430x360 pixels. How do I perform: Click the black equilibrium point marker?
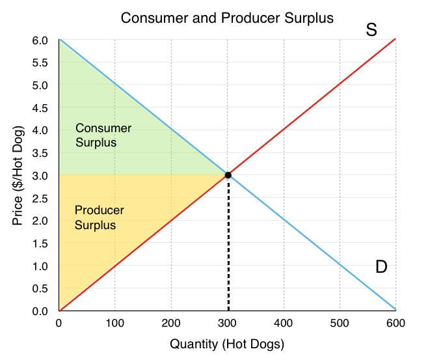pos(228,175)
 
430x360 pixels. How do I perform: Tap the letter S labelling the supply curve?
pos(371,30)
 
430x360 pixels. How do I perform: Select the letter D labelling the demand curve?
pos(381,267)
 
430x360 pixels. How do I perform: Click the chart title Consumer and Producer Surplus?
pos(227,18)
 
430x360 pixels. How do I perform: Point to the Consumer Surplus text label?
pos(103,135)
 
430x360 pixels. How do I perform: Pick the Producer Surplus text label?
pos(100,217)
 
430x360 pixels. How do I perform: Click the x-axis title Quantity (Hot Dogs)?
pos(227,344)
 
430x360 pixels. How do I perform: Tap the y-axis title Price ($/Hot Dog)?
pos(18,176)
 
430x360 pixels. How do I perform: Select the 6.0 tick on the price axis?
pos(40,40)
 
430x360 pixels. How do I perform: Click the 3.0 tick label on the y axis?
pos(40,176)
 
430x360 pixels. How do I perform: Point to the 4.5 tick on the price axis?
pos(40,108)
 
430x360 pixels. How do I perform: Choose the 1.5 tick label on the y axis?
pos(40,243)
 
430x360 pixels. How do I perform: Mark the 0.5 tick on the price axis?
pos(40,288)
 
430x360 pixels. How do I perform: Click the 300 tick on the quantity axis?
pos(227,324)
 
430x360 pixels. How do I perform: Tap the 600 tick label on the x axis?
pos(396,324)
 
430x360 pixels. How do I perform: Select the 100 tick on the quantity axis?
pos(115,324)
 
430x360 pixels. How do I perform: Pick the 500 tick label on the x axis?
pos(340,324)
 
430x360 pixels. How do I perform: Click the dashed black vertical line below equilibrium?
pos(228,245)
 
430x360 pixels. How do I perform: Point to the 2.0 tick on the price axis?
pos(40,221)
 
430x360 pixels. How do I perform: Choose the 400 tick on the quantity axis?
pos(283,324)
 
